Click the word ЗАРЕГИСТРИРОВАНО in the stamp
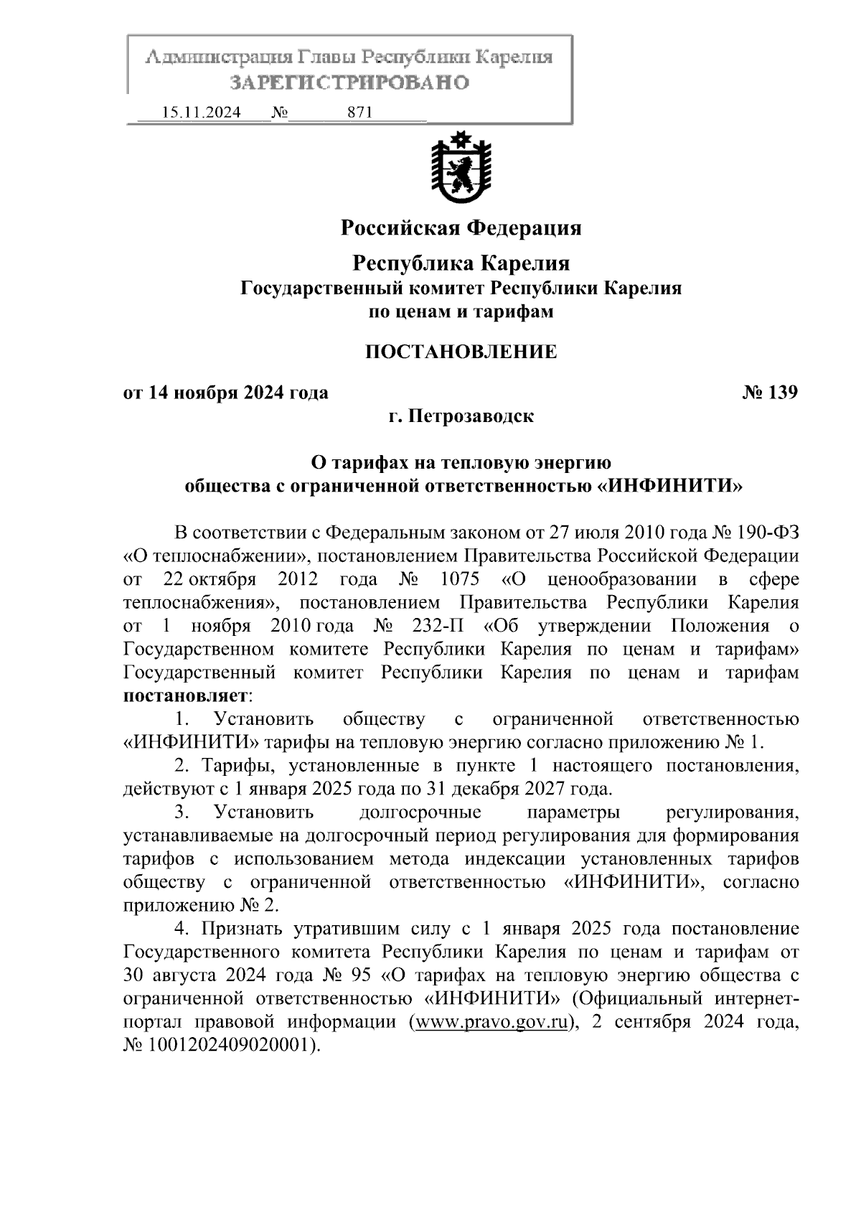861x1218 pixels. coord(349,83)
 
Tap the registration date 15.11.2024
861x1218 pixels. coord(202,113)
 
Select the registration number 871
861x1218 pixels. coord(359,113)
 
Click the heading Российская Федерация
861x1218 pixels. coord(461,228)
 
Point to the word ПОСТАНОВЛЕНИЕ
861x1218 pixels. coord(461,352)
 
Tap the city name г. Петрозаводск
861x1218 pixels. coord(461,416)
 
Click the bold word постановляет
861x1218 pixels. coord(186,695)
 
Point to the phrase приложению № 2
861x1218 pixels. coord(202,904)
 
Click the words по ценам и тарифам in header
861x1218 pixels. coord(461,311)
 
